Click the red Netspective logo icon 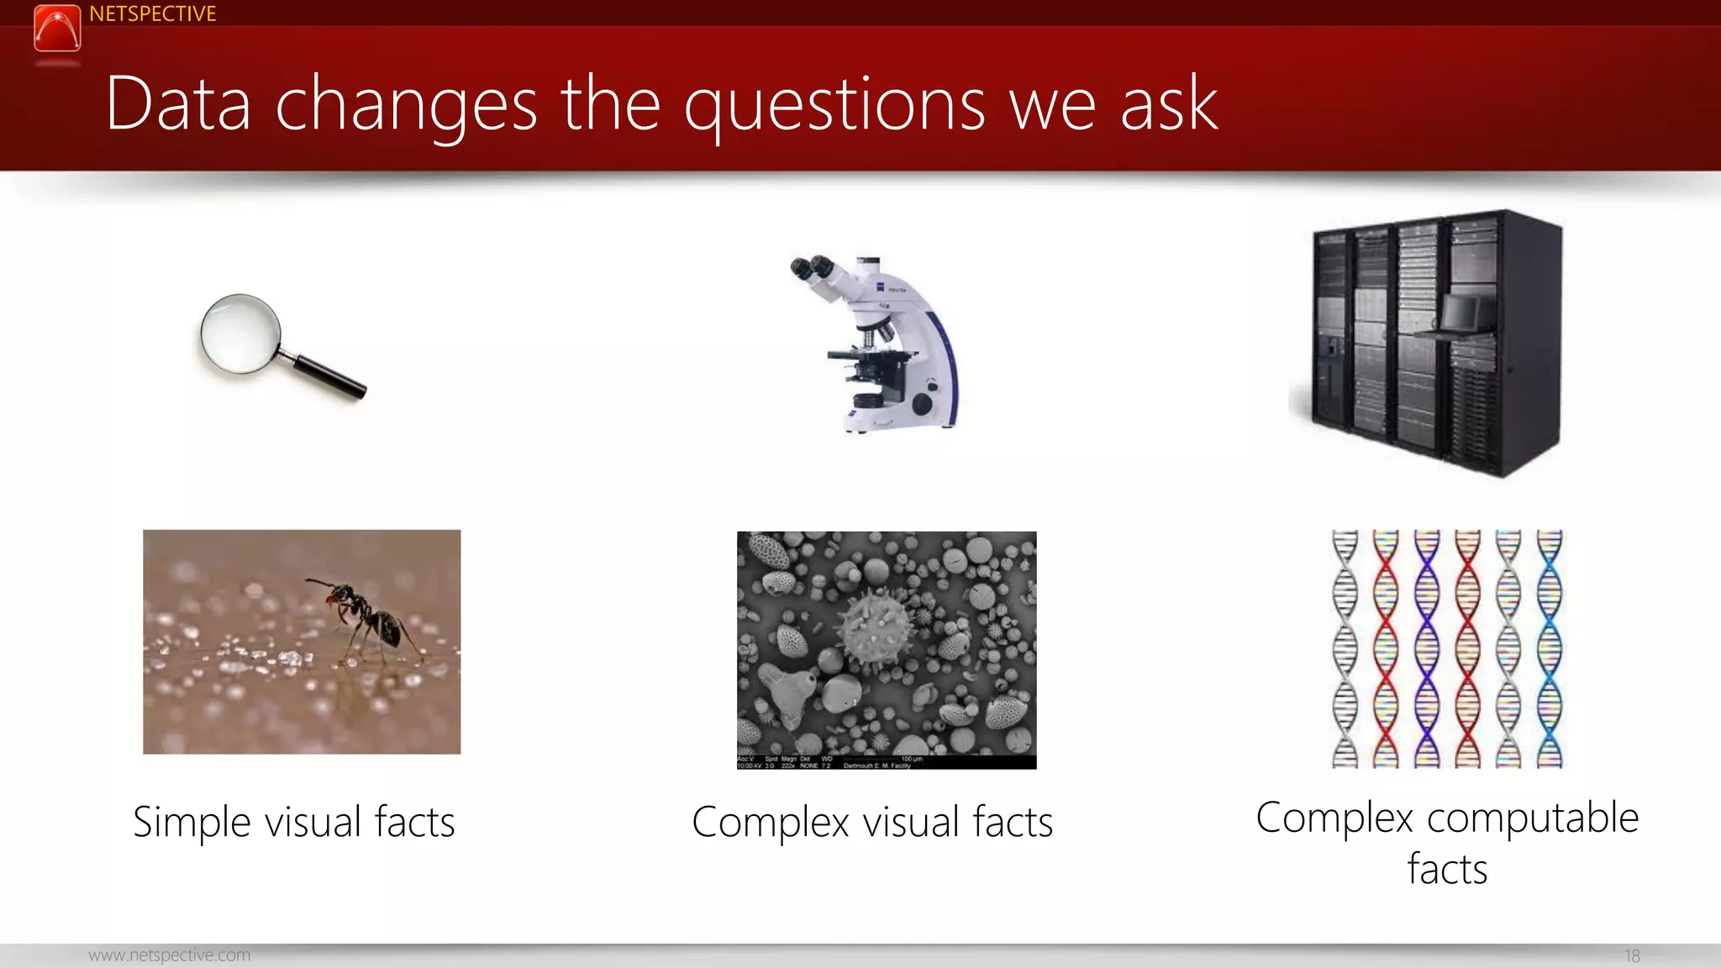tap(57, 28)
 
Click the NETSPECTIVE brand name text tap(152, 14)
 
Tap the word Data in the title tap(178, 104)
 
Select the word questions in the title tap(834, 106)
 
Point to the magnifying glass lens tap(240, 334)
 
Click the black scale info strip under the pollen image tap(887, 762)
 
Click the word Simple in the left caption tap(191, 822)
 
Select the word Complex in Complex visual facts tap(770, 822)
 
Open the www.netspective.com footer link tap(169, 955)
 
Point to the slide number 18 tap(1632, 956)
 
